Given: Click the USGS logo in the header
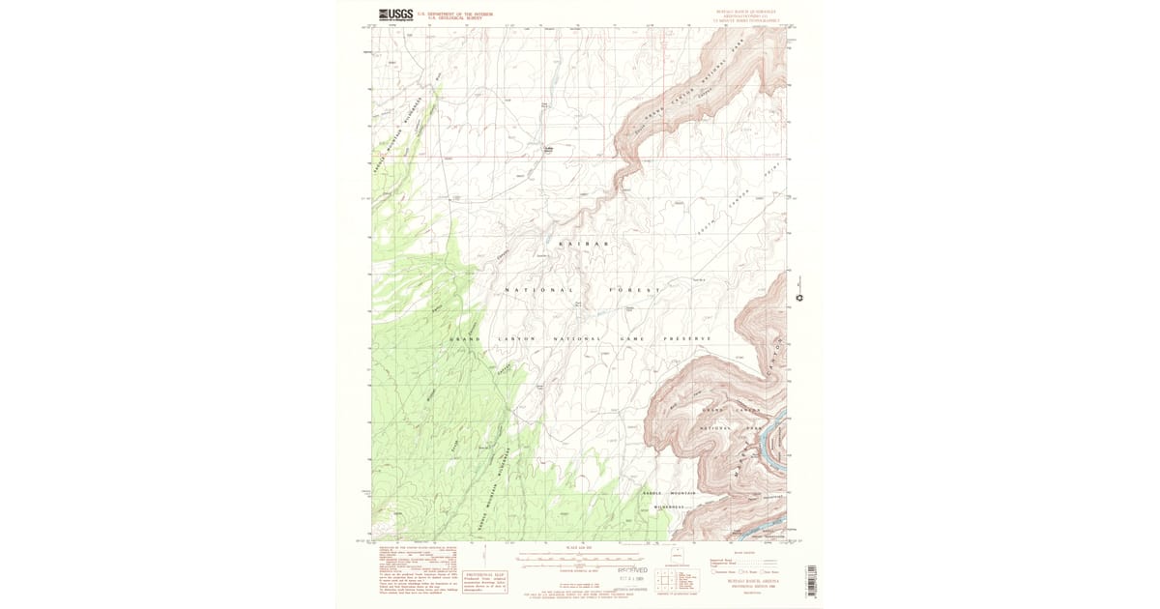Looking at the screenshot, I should (x=394, y=14).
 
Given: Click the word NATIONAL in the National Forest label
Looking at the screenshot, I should (x=539, y=290).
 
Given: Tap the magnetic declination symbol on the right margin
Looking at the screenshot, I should (x=798, y=290).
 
